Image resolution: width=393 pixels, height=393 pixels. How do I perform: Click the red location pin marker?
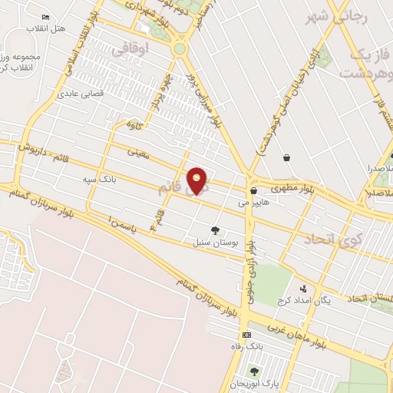(x=197, y=180)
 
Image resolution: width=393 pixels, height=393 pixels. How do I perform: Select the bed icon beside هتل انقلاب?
(x=47, y=17)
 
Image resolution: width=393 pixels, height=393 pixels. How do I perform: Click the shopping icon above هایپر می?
(x=253, y=190)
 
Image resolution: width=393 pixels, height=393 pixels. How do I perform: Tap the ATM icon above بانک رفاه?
(x=246, y=335)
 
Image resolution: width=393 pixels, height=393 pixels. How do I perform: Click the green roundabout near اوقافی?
(x=180, y=48)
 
